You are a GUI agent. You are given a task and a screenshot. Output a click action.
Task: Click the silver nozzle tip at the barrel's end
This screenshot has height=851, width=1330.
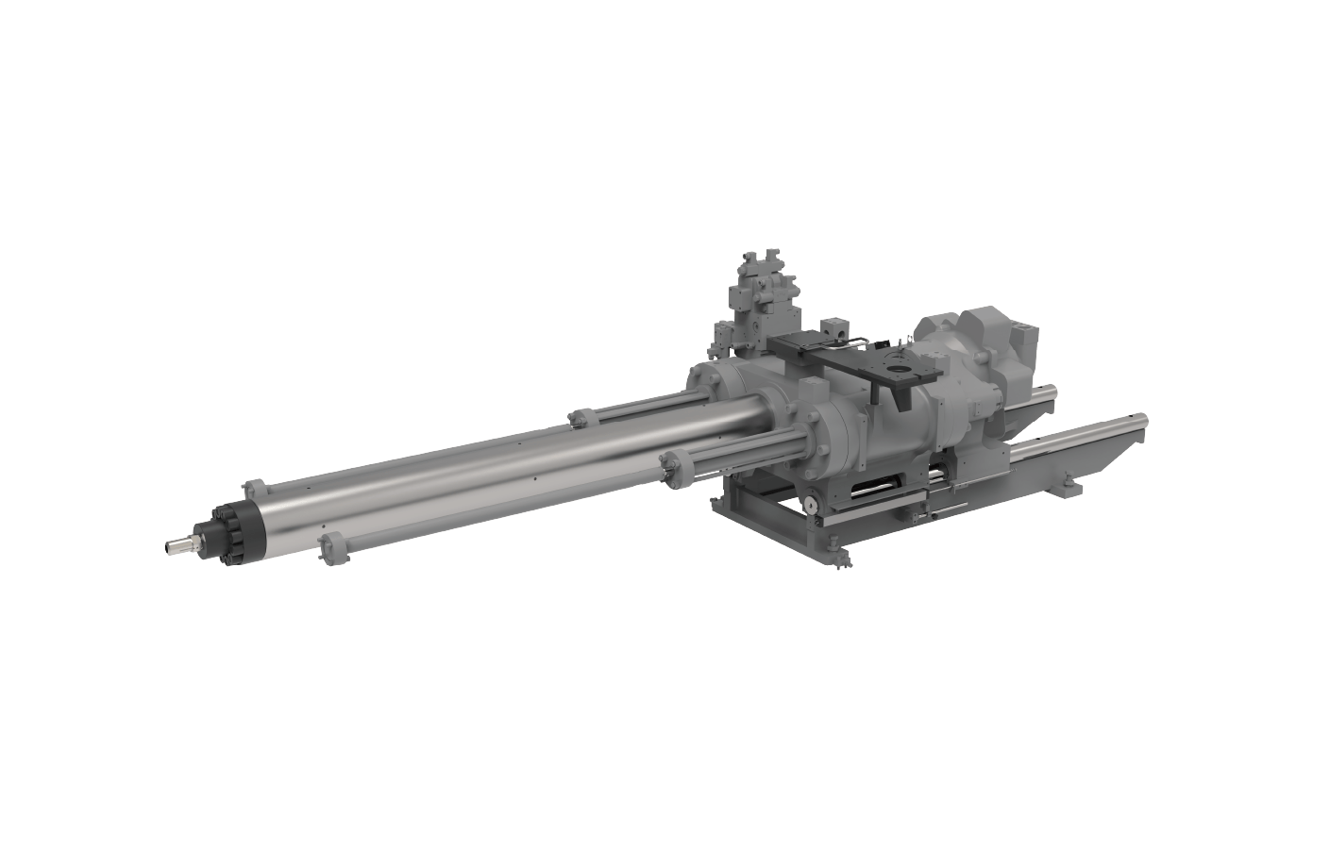pos(174,544)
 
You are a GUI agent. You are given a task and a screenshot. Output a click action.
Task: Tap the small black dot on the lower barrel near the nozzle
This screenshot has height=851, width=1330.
pos(322,525)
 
